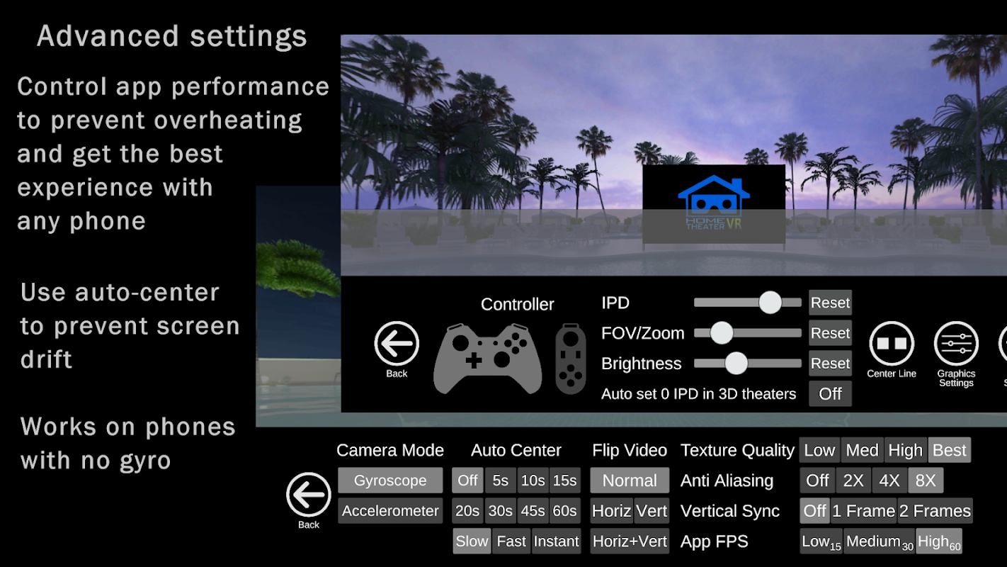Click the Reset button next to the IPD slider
830,303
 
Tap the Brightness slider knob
736,363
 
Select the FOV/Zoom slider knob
722,333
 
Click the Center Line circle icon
892,344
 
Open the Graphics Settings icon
956,344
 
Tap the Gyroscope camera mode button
390,480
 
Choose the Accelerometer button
390,511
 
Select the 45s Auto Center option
533,511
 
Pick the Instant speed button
556,541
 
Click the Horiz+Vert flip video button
630,541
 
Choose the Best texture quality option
950,450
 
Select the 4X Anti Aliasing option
889,480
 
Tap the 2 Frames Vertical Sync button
935,511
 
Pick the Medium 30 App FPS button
880,541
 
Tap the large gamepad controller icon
488,359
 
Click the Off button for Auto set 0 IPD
830,394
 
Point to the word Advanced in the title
108,36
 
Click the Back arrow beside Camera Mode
308,495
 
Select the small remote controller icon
571,359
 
